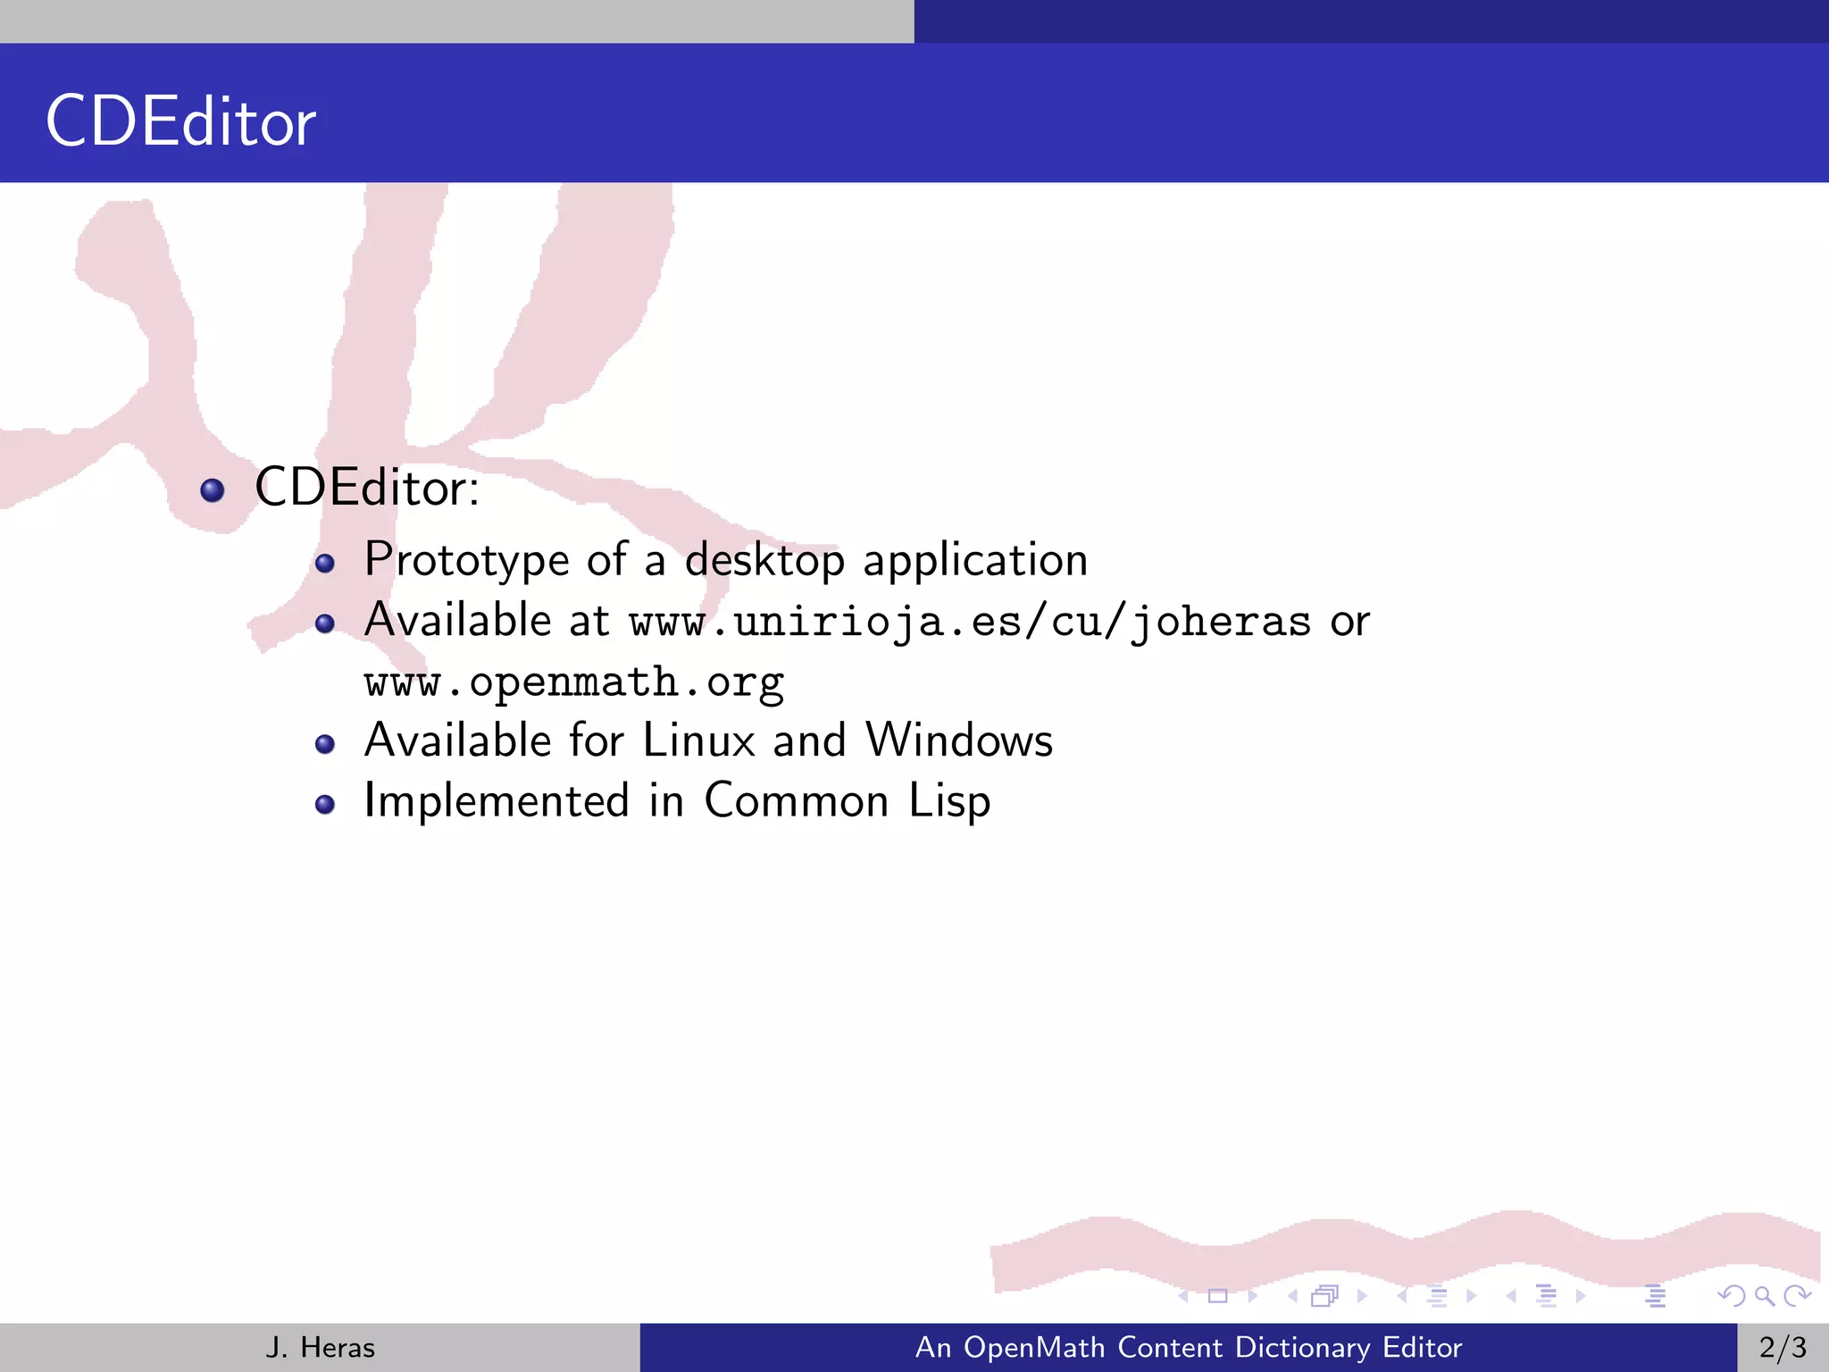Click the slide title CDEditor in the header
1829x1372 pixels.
[x=180, y=121]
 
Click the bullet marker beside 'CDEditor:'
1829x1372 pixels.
[x=213, y=489]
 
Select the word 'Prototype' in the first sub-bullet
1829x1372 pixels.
[x=466, y=561]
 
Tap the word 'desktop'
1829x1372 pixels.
[x=764, y=561]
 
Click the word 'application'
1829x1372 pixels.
[x=975, y=561]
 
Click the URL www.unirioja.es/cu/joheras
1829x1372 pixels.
[x=970, y=622]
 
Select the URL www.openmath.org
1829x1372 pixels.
[x=574, y=682]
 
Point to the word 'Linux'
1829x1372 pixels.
[x=698, y=740]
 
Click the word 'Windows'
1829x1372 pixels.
[x=959, y=740]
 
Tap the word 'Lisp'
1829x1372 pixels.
[x=949, y=801]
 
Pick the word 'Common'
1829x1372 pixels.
[x=796, y=801]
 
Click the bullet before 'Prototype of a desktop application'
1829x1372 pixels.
[x=325, y=564]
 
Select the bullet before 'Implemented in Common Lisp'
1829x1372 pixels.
[x=325, y=805]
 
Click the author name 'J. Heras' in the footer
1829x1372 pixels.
[x=320, y=1347]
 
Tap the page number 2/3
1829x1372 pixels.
[x=1783, y=1347]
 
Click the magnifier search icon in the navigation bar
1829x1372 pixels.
[x=1764, y=1295]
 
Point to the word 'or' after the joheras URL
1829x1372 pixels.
[x=1349, y=622]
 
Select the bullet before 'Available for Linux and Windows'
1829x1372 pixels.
[x=325, y=744]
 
